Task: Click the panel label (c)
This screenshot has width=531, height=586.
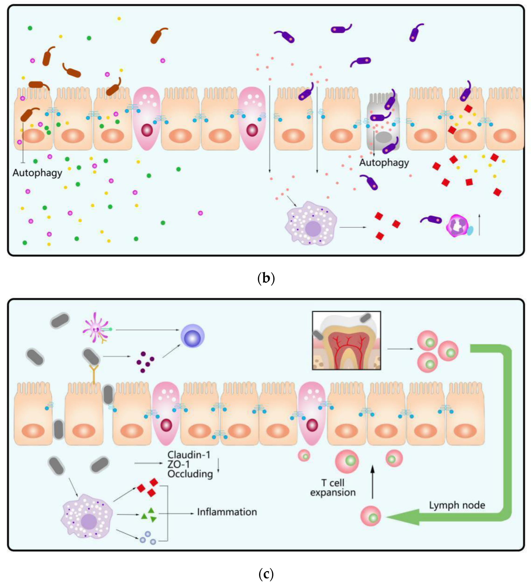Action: (266, 574)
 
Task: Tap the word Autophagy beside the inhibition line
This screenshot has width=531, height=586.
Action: (37, 173)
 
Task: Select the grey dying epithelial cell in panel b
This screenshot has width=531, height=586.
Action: (383, 122)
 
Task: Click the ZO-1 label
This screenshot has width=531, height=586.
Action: (179, 464)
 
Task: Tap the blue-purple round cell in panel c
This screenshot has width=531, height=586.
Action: (192, 336)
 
